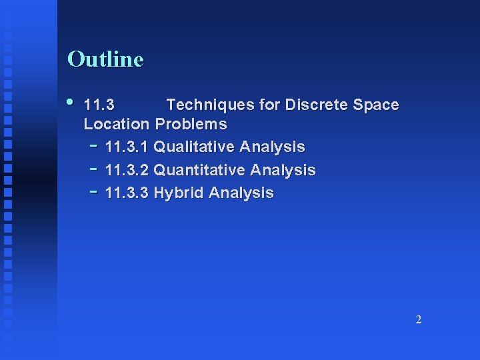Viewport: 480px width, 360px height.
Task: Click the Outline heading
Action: (105, 59)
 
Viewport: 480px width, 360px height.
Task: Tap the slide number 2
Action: (418, 319)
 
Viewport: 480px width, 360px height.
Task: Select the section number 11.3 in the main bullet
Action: (99, 105)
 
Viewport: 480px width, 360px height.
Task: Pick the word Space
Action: (376, 105)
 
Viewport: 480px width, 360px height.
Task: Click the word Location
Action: (116, 124)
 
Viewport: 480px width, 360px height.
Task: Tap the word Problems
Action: (191, 124)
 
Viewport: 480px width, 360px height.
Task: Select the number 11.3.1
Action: (127, 147)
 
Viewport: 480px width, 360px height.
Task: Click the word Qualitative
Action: (193, 147)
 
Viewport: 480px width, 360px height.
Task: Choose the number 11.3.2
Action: (127, 170)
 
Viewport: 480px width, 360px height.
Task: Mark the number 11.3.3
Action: (127, 193)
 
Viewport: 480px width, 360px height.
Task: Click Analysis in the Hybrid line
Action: (241, 193)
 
